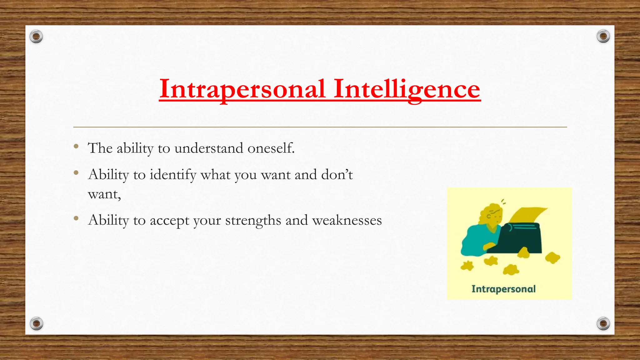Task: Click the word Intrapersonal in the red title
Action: [x=242, y=89]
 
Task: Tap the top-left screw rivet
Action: [x=36, y=37]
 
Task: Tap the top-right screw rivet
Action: [x=603, y=37]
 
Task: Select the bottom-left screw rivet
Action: [x=36, y=323]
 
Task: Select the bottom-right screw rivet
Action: [x=603, y=323]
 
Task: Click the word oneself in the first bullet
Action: [x=271, y=148]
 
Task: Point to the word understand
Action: [x=208, y=148]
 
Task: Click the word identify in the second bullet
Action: [x=173, y=175]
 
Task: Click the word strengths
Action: [x=253, y=221]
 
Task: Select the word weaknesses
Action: [x=347, y=221]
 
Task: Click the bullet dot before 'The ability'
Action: [x=76, y=146]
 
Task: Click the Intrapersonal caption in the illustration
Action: [x=503, y=289]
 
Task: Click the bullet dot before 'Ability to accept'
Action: [x=76, y=218]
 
